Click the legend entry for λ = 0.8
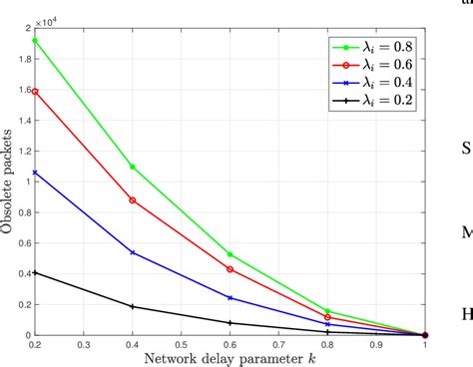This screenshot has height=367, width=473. tap(370, 45)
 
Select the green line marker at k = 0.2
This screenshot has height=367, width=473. tap(35, 41)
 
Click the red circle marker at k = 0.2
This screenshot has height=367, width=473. tap(35, 91)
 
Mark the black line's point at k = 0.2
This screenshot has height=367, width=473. tap(35, 272)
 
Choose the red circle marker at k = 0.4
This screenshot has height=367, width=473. tap(133, 200)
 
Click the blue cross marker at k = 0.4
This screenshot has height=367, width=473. tap(133, 252)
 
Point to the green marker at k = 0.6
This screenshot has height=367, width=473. tap(231, 254)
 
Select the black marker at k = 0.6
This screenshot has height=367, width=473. tap(231, 323)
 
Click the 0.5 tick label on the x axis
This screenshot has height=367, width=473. tap(182, 344)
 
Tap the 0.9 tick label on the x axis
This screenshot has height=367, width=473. tap(377, 344)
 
